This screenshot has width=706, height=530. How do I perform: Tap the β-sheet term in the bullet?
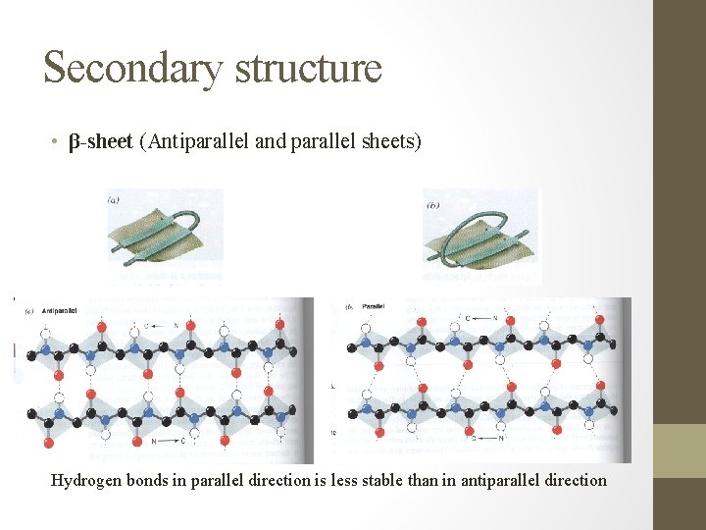tap(100, 143)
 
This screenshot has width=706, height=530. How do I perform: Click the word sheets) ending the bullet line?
tap(390, 143)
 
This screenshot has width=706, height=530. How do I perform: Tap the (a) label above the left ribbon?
tap(114, 199)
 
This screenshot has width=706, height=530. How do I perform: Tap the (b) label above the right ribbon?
tap(432, 205)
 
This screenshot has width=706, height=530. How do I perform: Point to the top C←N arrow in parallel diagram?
tap(479, 318)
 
